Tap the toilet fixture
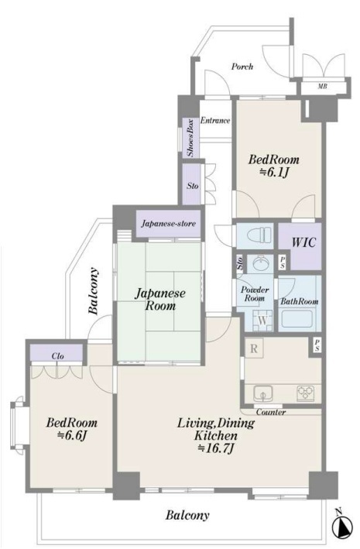click(x=259, y=235)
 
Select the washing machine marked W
click(x=262, y=321)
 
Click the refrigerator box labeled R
click(x=254, y=348)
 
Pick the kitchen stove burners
click(x=306, y=393)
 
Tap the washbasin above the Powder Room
click(x=260, y=263)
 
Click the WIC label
click(x=303, y=242)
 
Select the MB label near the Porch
click(x=322, y=86)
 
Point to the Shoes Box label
click(x=190, y=138)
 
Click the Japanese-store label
click(x=169, y=223)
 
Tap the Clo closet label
click(x=57, y=356)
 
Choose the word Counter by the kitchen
click(x=271, y=412)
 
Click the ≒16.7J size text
click(x=216, y=448)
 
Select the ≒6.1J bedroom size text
click(x=273, y=172)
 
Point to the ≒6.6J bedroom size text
click(x=72, y=435)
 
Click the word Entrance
click(x=215, y=121)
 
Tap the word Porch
click(x=242, y=66)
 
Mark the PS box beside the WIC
click(x=283, y=262)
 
